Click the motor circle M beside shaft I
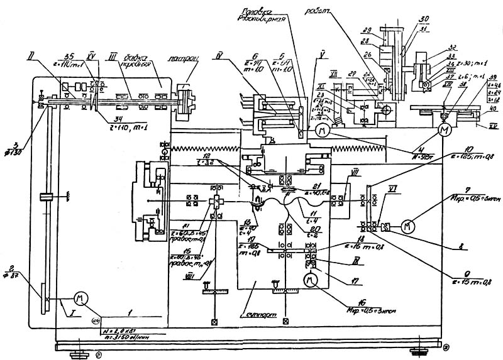point(80,297)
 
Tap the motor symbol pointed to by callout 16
point(309,280)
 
